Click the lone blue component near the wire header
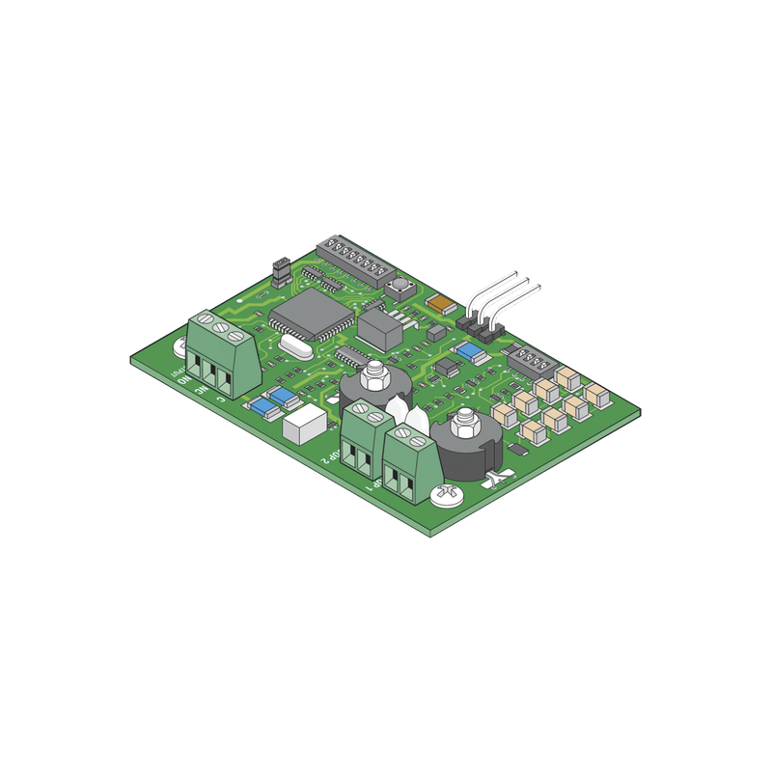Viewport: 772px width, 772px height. click(x=471, y=352)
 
